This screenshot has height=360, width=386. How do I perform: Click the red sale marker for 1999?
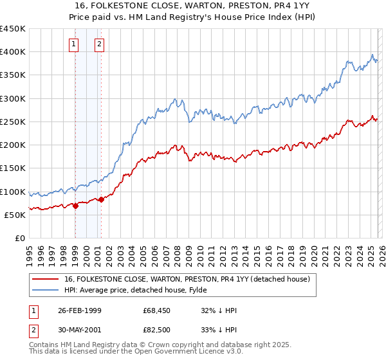[75, 206]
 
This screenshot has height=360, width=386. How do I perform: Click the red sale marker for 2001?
[101, 200]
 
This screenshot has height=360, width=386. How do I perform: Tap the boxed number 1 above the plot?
[75, 44]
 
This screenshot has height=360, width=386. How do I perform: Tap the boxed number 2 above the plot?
[100, 44]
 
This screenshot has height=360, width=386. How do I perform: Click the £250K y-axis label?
[14, 122]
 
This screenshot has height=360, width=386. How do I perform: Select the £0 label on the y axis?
[19, 238]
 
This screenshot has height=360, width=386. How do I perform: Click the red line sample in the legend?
[46, 279]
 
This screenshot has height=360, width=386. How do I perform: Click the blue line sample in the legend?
[46, 290]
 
